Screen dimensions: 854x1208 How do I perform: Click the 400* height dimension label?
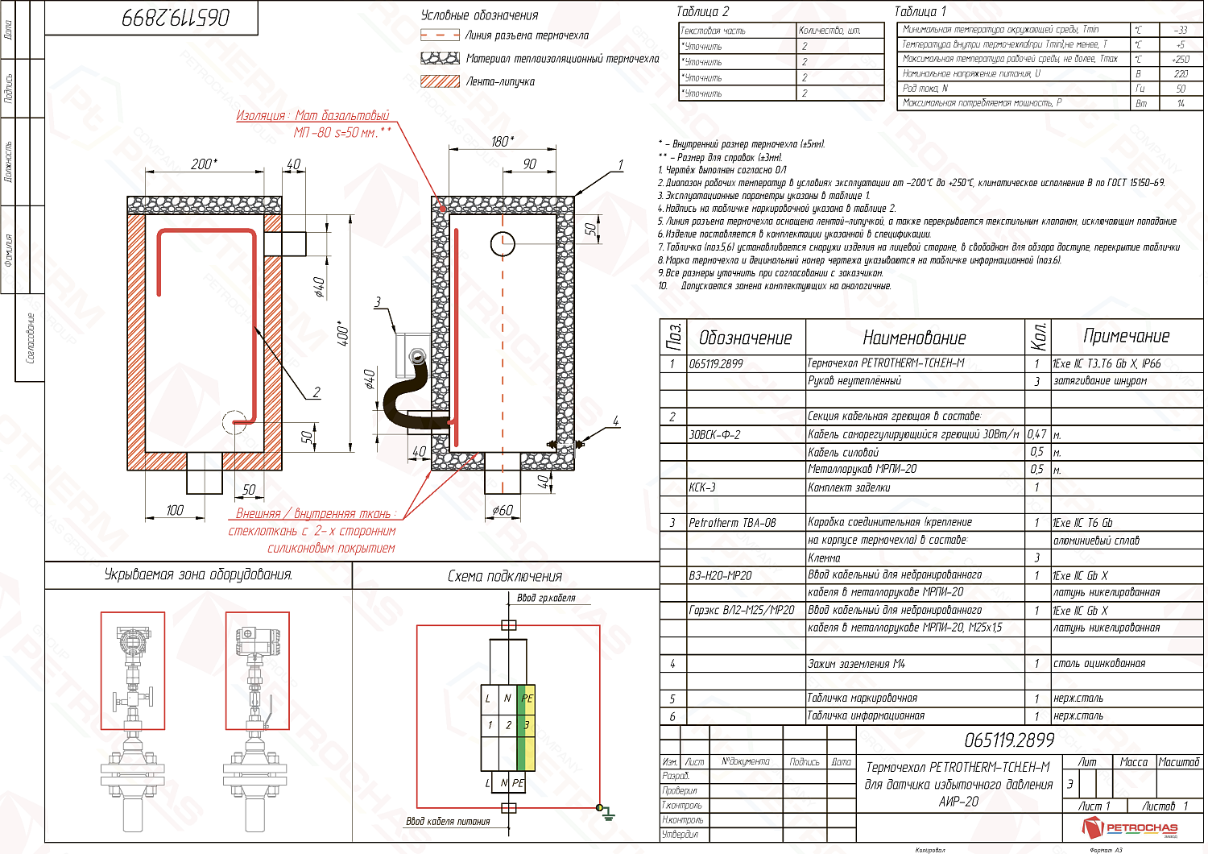(x=344, y=333)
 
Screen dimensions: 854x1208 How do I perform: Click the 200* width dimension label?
(x=205, y=164)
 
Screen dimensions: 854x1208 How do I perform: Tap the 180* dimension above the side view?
(x=503, y=142)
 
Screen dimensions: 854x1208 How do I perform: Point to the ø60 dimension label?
(x=503, y=510)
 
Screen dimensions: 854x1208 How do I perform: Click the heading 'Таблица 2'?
(x=702, y=11)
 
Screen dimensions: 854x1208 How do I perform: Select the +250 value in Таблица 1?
(x=1181, y=59)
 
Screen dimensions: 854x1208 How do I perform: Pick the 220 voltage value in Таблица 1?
(x=1181, y=73)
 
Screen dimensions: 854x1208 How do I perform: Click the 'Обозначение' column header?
(x=745, y=338)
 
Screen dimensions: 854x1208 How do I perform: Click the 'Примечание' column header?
(x=1127, y=336)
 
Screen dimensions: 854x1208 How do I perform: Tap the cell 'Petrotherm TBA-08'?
(x=732, y=523)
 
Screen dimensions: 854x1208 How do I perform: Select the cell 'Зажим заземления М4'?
(x=856, y=664)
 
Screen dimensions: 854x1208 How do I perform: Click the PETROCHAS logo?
(x=1131, y=827)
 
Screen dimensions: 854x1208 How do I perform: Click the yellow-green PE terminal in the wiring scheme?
(x=526, y=725)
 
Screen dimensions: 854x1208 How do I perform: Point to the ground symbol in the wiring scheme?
(x=608, y=815)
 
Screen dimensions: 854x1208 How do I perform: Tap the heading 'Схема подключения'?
(x=505, y=576)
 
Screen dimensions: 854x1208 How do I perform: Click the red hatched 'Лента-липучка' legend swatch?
(x=441, y=81)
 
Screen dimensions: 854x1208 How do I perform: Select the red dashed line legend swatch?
(x=441, y=35)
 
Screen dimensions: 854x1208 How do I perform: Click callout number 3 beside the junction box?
(x=377, y=303)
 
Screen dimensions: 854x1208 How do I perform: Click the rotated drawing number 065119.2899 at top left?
(x=176, y=18)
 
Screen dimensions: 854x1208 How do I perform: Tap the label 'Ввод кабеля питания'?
(x=448, y=822)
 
